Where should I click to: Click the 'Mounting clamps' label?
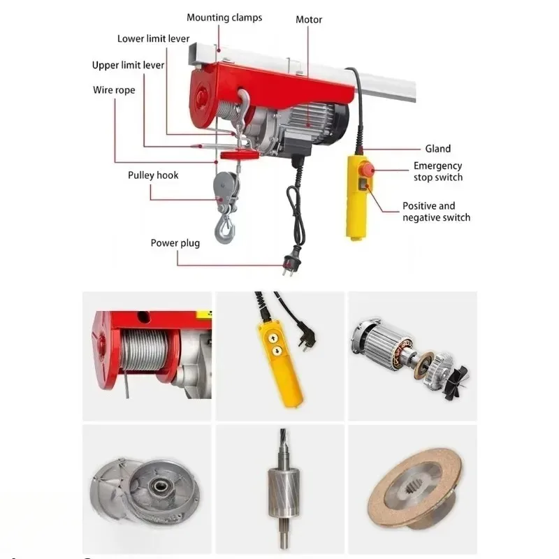(x=224, y=17)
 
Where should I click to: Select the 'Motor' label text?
(x=309, y=20)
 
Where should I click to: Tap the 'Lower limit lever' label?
(x=153, y=39)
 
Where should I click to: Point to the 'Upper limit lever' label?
(x=129, y=65)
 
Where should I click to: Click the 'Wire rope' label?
(x=114, y=90)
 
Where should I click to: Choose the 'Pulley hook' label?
(x=153, y=175)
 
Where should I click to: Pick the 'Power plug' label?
(x=175, y=243)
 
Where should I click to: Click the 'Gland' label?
(x=438, y=148)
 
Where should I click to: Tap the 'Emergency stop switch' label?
(x=438, y=172)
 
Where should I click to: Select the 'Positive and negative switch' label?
(x=436, y=212)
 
